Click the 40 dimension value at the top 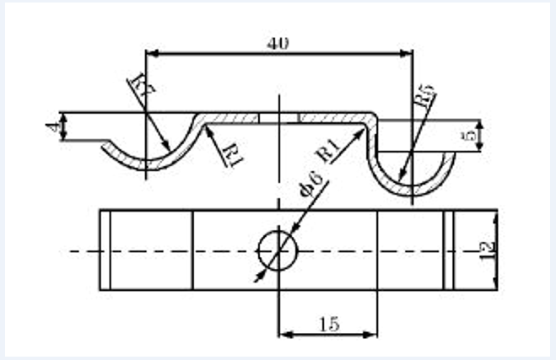(x=278, y=45)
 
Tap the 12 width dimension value (x=487, y=250)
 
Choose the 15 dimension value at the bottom (x=327, y=323)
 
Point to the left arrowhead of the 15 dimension (x=284, y=335)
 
